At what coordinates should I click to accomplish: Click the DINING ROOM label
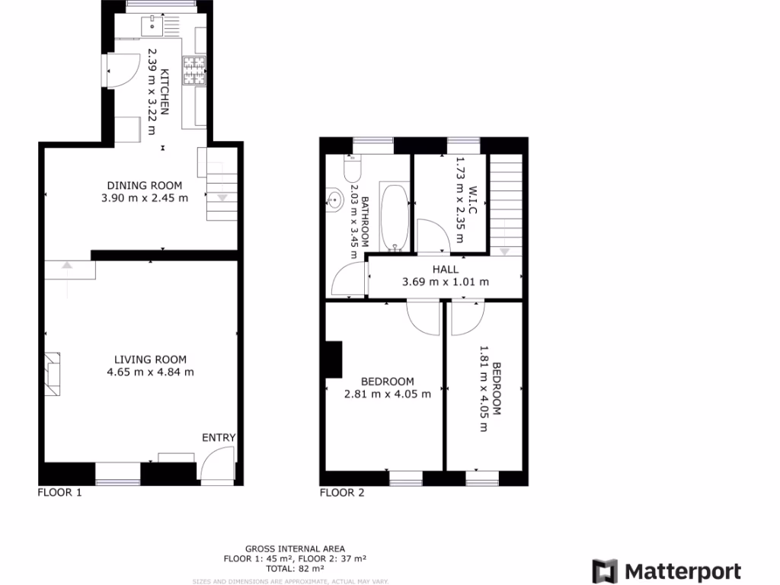tap(145, 185)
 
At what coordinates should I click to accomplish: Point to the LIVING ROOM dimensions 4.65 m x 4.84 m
tap(151, 372)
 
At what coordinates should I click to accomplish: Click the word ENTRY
tap(219, 438)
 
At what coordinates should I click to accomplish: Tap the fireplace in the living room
tap(53, 375)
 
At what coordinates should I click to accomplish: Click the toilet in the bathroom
tap(352, 167)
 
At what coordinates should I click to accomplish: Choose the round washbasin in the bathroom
tap(334, 200)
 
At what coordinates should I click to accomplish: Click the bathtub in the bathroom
tap(394, 217)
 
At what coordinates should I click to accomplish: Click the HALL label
tap(446, 269)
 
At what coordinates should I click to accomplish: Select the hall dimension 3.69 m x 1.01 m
tap(446, 282)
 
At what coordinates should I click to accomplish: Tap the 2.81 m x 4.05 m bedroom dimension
tap(388, 394)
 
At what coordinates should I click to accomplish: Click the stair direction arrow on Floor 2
tap(504, 251)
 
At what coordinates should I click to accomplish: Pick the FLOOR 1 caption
tap(59, 493)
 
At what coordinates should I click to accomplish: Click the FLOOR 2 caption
tap(342, 493)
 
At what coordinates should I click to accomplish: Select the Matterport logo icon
tap(605, 571)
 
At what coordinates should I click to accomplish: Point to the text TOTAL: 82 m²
tap(295, 568)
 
